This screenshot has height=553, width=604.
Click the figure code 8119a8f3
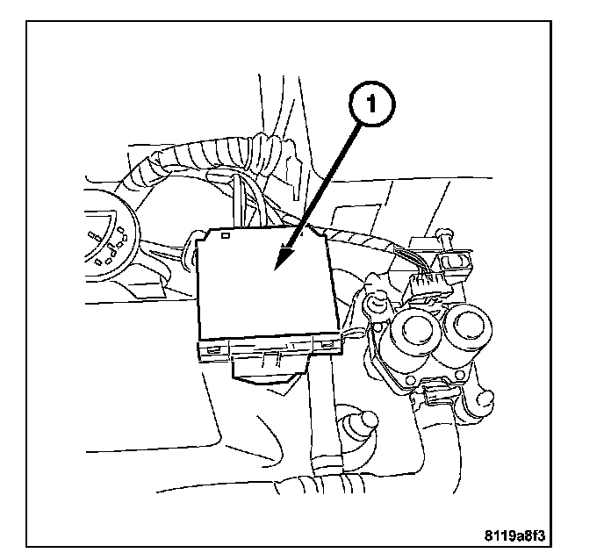pyautogui.click(x=533, y=532)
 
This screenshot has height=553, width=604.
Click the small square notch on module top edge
pyautogui.click(x=226, y=235)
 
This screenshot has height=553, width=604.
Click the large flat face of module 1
pyautogui.click(x=263, y=290)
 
